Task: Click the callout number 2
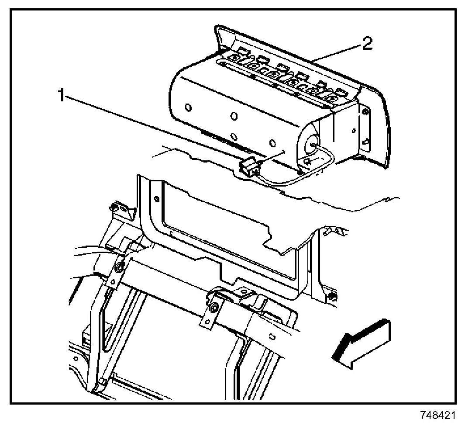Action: click(x=367, y=44)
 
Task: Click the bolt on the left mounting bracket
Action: click(x=118, y=267)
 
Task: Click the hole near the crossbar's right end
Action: click(x=272, y=337)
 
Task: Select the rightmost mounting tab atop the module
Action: click(x=341, y=93)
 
